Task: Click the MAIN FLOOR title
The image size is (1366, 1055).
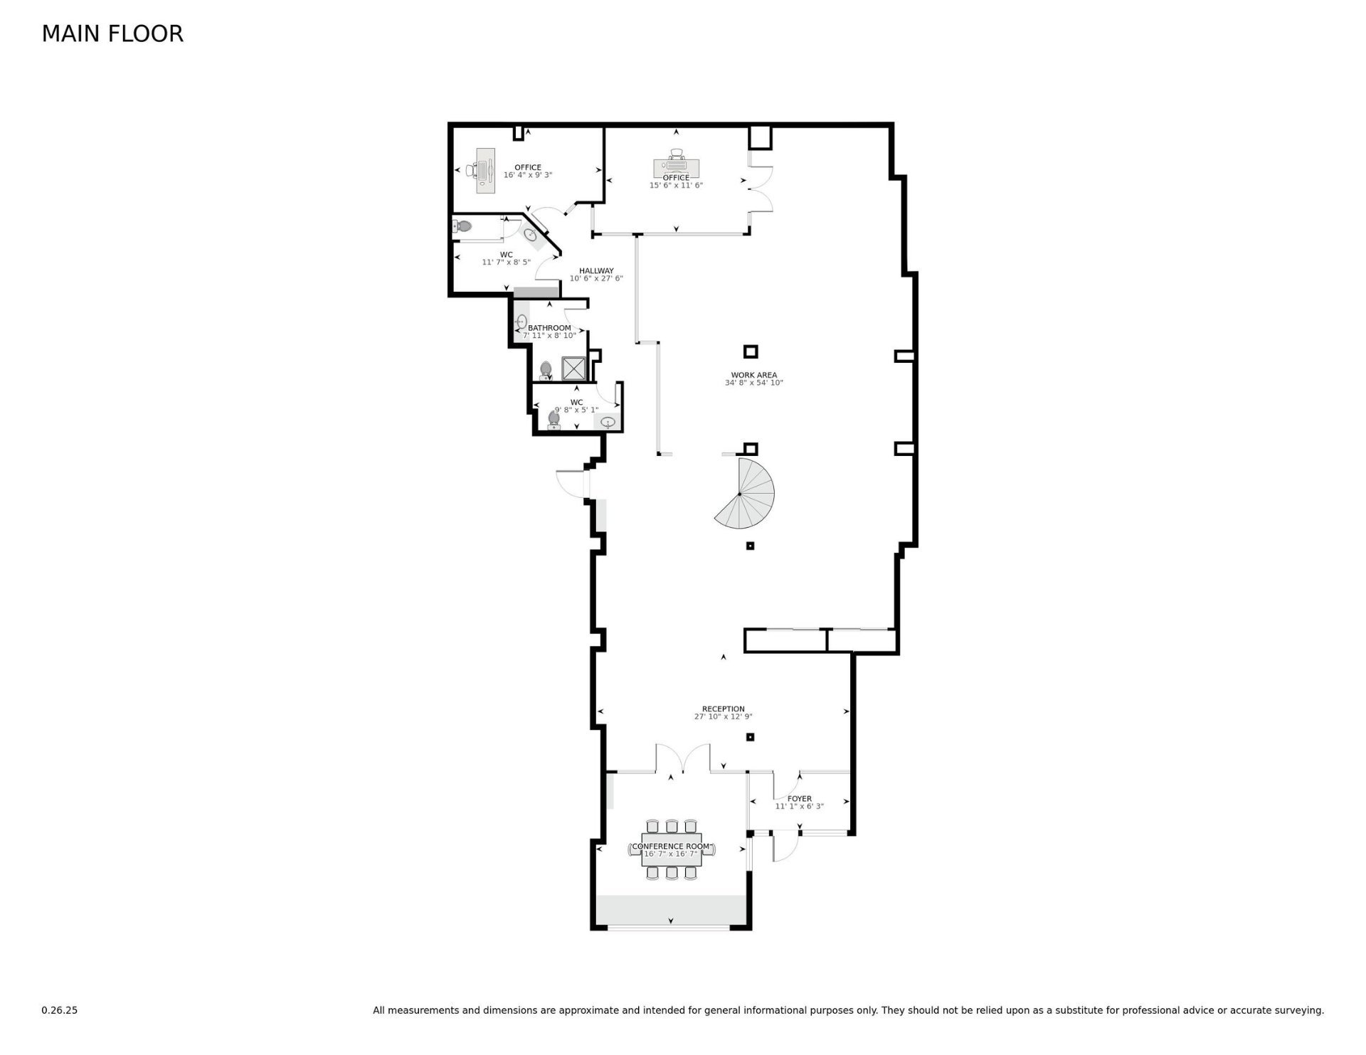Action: tap(112, 33)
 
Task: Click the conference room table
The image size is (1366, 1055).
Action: tap(672, 849)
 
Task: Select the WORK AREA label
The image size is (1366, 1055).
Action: tap(753, 375)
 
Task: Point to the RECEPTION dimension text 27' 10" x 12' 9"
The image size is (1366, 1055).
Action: tap(723, 717)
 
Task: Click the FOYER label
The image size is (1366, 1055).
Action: tap(799, 799)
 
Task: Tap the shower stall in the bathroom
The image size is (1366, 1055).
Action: tap(573, 368)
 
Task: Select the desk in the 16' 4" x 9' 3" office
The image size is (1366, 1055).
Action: tap(486, 171)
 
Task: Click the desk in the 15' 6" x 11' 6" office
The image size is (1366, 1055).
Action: tap(676, 169)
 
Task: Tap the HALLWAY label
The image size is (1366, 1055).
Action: tap(596, 271)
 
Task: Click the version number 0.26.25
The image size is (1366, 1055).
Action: tap(59, 1010)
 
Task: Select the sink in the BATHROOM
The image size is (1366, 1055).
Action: tap(521, 322)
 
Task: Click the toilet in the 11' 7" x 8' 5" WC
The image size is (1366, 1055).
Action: tap(462, 227)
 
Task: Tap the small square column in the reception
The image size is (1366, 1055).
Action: tap(750, 737)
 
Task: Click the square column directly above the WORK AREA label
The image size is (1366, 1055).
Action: tap(750, 351)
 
